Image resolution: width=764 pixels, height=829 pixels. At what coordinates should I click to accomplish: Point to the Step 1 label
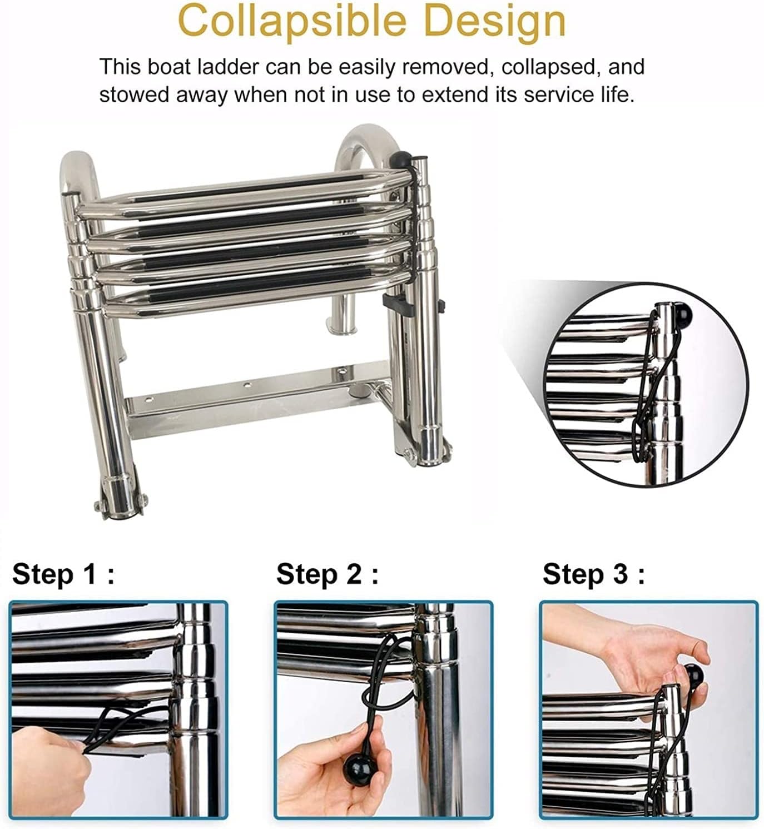(63, 574)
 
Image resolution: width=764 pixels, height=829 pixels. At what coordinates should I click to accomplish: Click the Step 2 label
(328, 574)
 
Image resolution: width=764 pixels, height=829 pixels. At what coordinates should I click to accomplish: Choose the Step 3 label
(593, 574)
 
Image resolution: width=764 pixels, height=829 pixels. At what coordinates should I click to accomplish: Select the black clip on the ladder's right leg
(396, 302)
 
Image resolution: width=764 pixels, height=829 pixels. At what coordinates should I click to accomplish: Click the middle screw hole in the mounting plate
(247, 384)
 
